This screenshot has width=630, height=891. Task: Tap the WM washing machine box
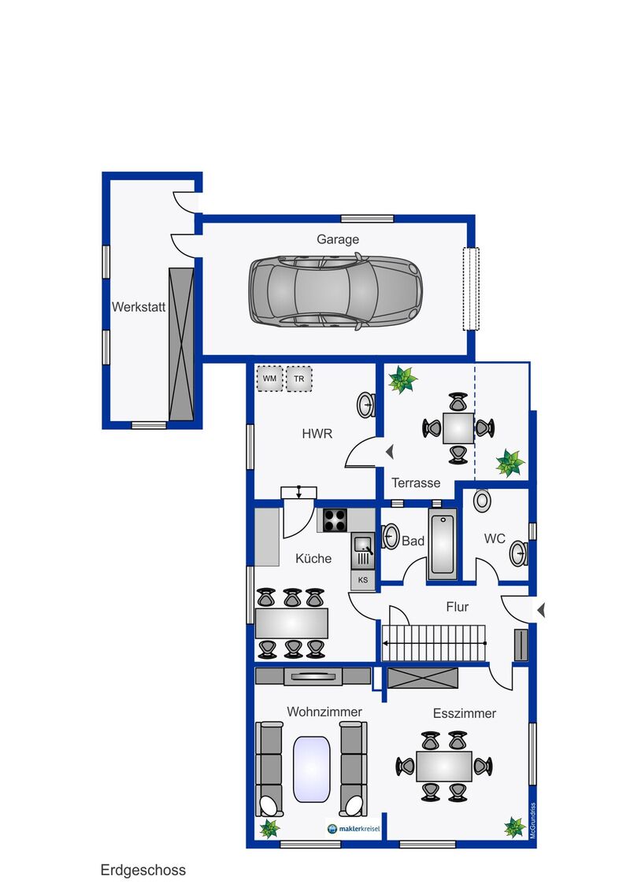[269, 379]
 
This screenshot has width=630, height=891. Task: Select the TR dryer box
[299, 379]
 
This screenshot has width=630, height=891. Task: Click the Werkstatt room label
[138, 307]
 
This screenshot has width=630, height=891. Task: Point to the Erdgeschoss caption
[143, 870]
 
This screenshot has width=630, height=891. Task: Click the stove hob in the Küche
[335, 520]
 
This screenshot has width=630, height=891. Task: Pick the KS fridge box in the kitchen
[363, 580]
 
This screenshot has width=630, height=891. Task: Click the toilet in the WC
[482, 501]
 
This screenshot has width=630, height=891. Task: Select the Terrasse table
[458, 428]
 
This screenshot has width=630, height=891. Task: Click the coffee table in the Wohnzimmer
[312, 770]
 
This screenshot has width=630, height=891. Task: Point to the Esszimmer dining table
[444, 766]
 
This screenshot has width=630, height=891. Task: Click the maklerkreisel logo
[354, 829]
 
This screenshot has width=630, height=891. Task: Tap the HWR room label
[317, 434]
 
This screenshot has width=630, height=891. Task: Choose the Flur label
[458, 607]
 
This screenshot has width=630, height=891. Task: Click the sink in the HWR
[365, 405]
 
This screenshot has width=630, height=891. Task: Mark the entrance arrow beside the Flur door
[541, 610]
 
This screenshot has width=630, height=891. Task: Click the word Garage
[338, 239]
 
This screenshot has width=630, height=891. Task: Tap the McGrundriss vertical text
[533, 820]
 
